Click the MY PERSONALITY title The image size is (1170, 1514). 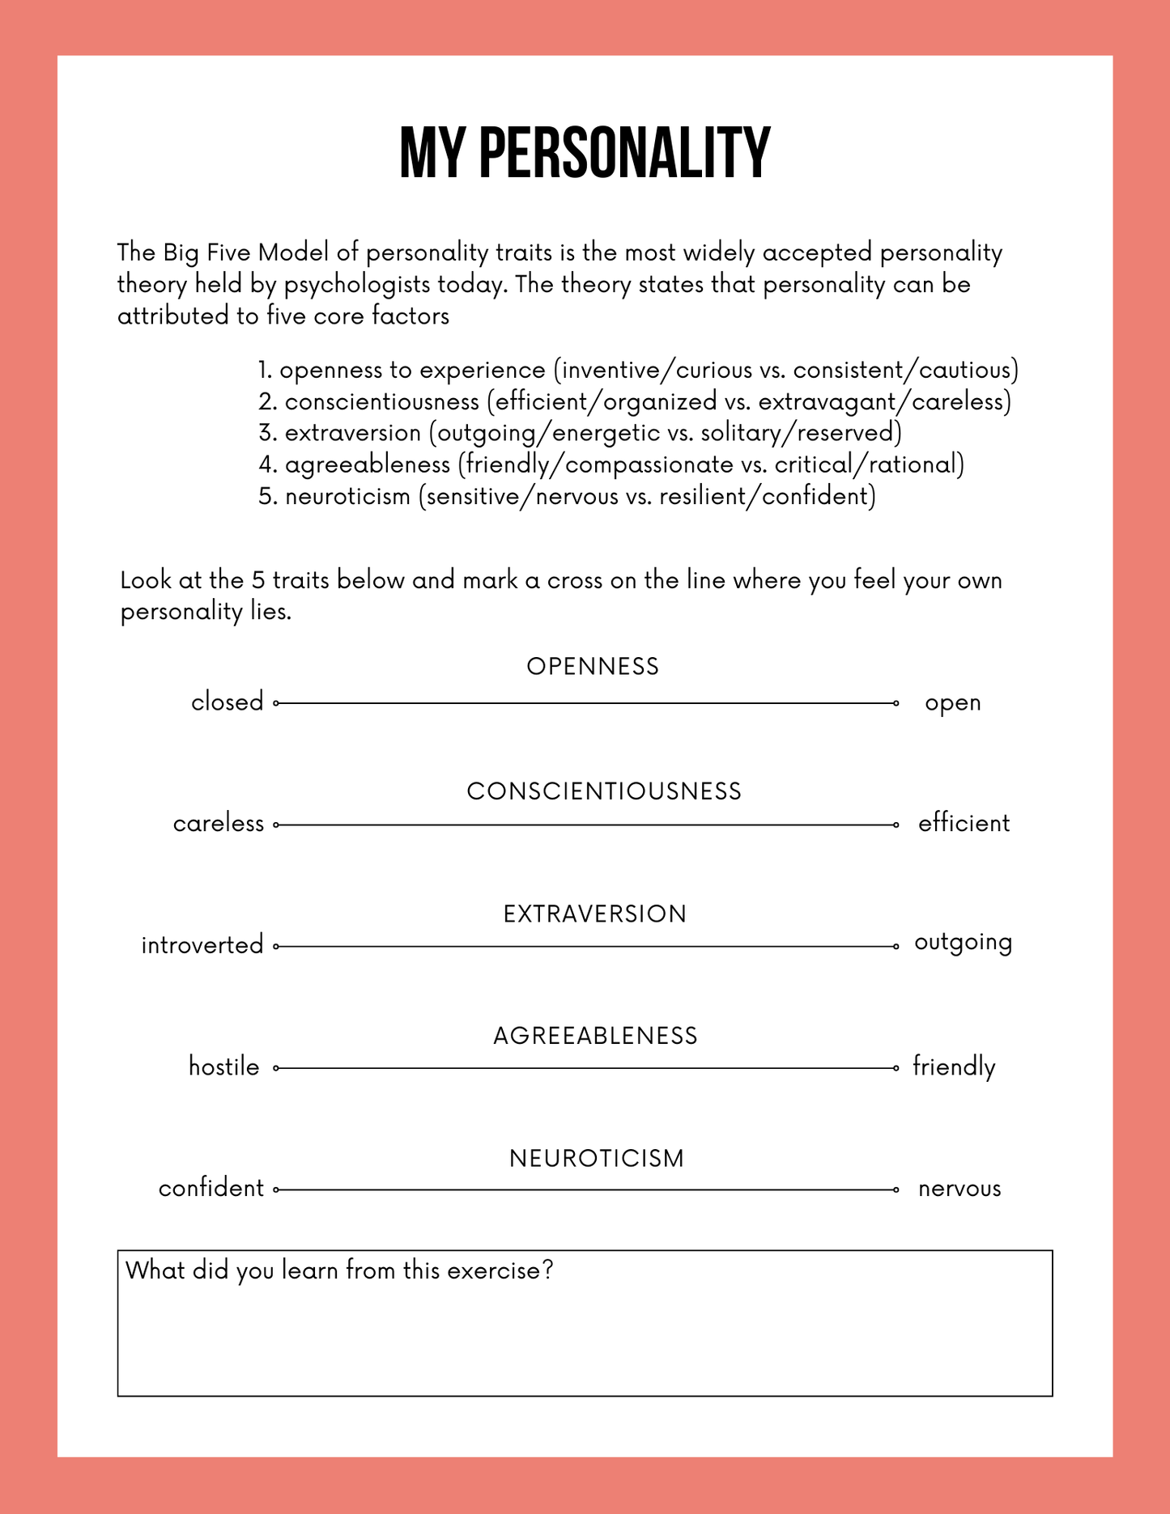coord(585,153)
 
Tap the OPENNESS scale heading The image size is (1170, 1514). coord(593,667)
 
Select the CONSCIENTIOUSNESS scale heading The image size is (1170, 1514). coord(604,791)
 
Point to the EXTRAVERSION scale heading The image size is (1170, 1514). coord(594,914)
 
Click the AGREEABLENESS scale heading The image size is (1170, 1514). coord(595,1037)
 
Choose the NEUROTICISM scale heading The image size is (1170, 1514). coord(597,1159)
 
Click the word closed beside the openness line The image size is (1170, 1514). coord(228,702)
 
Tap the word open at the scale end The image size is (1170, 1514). coord(953,703)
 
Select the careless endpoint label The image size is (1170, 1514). coord(219,824)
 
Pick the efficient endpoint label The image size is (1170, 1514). coord(964,824)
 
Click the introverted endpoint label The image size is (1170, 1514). coord(202,945)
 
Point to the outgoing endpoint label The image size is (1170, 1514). coord(963,944)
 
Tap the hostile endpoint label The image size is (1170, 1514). coord(224,1067)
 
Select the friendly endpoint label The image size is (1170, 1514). coord(954,1067)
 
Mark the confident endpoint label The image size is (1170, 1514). coord(211,1188)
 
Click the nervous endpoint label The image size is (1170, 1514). coord(959,1189)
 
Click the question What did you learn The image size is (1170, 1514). coord(339,1270)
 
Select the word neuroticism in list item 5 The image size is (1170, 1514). coord(347,496)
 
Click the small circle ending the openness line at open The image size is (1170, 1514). coord(896,703)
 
